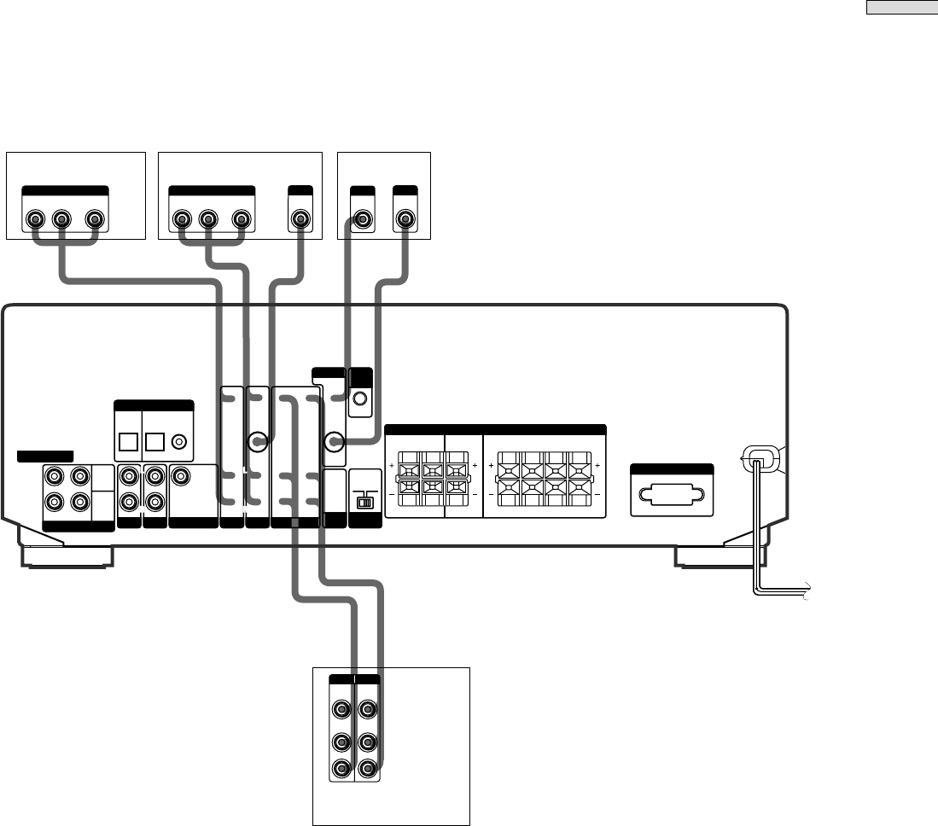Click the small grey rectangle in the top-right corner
click(x=902, y=9)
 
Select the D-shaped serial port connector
click(x=671, y=496)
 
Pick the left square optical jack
click(x=129, y=442)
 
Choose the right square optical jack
click(x=155, y=442)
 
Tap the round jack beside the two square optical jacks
click(x=180, y=442)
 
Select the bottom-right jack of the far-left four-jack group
click(x=79, y=502)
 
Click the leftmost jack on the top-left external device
click(x=35, y=220)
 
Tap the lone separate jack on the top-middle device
click(x=300, y=220)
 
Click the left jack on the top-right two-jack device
click(x=363, y=220)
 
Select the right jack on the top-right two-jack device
click(x=404, y=220)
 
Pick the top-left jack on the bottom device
click(x=341, y=709)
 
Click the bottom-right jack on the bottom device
click(x=368, y=769)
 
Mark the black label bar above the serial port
click(x=671, y=469)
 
